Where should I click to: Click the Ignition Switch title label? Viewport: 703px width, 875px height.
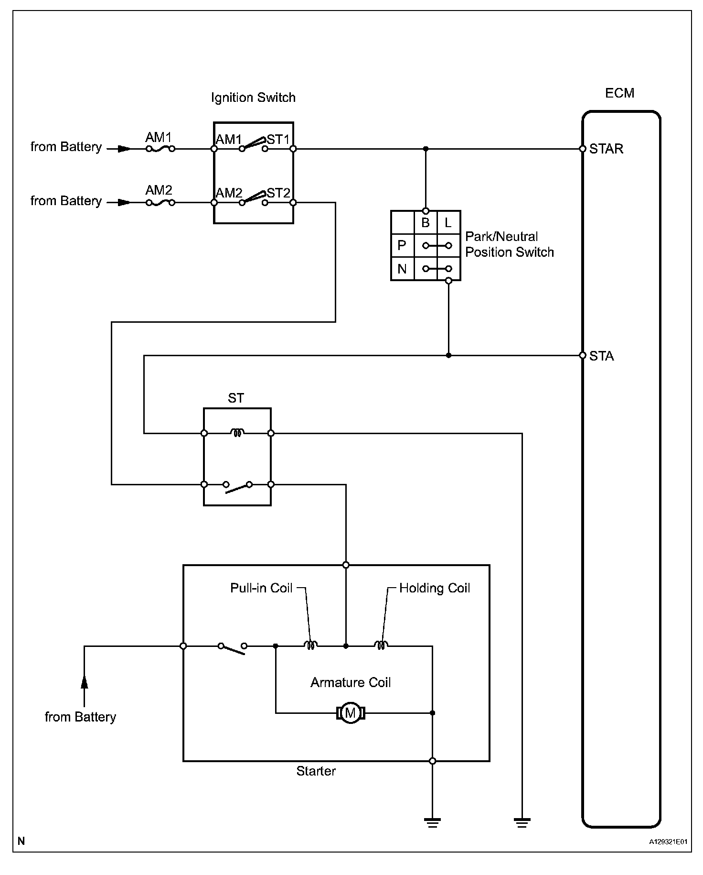253,98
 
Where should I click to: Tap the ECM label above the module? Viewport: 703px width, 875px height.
619,93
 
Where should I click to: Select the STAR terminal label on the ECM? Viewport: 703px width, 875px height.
606,149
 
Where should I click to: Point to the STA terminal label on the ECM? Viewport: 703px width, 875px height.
601,356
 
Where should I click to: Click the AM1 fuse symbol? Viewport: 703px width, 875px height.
160,149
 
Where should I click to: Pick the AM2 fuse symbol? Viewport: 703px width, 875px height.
160,203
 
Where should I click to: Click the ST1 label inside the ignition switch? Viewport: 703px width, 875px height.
278,140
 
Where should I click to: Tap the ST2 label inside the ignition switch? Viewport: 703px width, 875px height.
278,193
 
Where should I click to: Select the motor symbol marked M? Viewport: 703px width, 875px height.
351,713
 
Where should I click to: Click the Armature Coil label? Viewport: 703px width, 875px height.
351,682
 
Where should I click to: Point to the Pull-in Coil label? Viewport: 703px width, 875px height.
261,588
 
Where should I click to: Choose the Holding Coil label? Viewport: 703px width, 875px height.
435,588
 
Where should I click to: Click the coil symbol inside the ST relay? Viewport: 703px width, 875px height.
237,433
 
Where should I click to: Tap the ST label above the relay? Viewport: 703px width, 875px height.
236,398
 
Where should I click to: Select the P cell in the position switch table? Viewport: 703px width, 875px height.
402,246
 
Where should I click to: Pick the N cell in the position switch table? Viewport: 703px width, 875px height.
402,269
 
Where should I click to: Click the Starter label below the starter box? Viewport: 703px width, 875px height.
316,771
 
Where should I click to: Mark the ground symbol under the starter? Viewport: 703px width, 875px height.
432,822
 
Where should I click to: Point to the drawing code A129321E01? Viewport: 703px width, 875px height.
668,842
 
